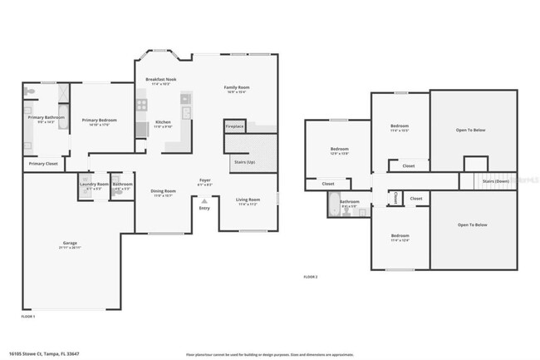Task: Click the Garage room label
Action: click(x=70, y=244)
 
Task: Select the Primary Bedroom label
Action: click(x=99, y=121)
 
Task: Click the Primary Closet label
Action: click(x=43, y=164)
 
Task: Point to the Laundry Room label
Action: click(x=94, y=184)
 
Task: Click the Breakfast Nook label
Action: click(x=160, y=80)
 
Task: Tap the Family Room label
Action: click(x=237, y=87)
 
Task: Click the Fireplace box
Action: click(x=235, y=126)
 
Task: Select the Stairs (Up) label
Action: click(x=244, y=161)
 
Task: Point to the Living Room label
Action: click(x=248, y=200)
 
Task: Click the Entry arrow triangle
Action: click(x=204, y=200)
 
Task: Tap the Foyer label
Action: click(x=204, y=180)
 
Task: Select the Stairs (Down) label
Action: click(x=495, y=180)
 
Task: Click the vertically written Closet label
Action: click(x=395, y=198)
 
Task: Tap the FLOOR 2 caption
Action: click(x=310, y=276)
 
